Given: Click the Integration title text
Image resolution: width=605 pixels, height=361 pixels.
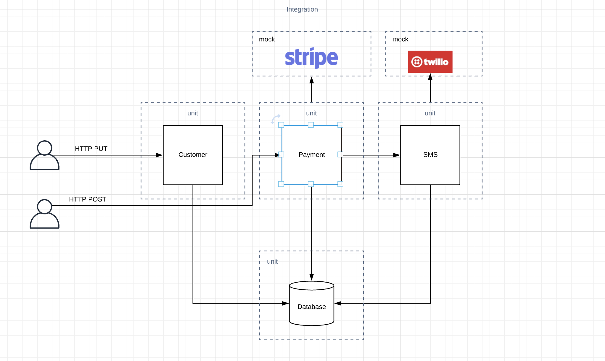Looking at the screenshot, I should click(x=302, y=9).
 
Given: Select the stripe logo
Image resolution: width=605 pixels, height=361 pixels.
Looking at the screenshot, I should click(x=311, y=57).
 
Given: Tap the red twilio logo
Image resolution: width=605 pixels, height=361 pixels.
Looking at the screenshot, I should click(x=430, y=62).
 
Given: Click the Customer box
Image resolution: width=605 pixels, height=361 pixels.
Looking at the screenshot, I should click(x=193, y=155).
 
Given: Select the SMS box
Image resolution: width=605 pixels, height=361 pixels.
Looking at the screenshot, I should click(x=430, y=155).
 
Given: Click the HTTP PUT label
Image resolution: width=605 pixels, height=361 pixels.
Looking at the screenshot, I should click(x=91, y=149).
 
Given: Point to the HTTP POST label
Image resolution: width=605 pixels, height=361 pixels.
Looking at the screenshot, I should click(x=87, y=199).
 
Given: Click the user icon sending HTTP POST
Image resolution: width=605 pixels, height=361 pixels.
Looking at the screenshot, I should click(x=44, y=214).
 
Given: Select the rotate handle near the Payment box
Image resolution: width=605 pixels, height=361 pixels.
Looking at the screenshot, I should click(x=276, y=119).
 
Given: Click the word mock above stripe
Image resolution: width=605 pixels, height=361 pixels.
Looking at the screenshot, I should click(x=267, y=39).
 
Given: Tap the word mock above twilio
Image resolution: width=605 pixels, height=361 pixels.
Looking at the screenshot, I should click(x=400, y=39).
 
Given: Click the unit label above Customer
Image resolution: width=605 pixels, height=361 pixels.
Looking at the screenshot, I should click(x=193, y=113).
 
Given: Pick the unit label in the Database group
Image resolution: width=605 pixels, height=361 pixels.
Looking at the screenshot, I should click(x=272, y=262).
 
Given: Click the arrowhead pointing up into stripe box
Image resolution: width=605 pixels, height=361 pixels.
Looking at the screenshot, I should click(x=311, y=80).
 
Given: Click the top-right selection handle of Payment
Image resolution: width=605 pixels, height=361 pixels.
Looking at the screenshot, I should click(x=340, y=125).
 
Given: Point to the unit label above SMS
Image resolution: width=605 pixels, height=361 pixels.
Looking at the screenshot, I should click(x=430, y=113).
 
